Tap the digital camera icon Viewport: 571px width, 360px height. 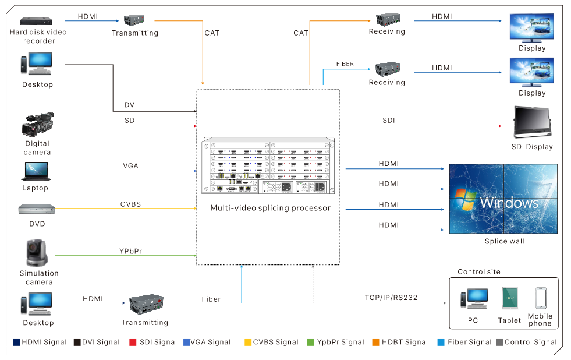click(38, 125)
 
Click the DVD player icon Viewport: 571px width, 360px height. click(36, 209)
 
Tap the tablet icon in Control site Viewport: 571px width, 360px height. click(510, 298)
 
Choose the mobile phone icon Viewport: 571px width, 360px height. click(541, 298)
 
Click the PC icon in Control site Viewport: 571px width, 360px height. click(473, 298)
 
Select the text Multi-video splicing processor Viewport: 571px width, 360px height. click(270, 208)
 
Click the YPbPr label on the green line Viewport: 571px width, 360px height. click(132, 251)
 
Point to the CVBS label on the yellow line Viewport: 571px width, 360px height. click(130, 204)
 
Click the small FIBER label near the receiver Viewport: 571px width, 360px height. click(345, 64)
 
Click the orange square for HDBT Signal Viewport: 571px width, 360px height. click(376, 342)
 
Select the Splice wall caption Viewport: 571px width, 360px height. click(504, 241)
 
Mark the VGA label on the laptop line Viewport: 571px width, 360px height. click(131, 166)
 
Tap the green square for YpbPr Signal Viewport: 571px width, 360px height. click(311, 342)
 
